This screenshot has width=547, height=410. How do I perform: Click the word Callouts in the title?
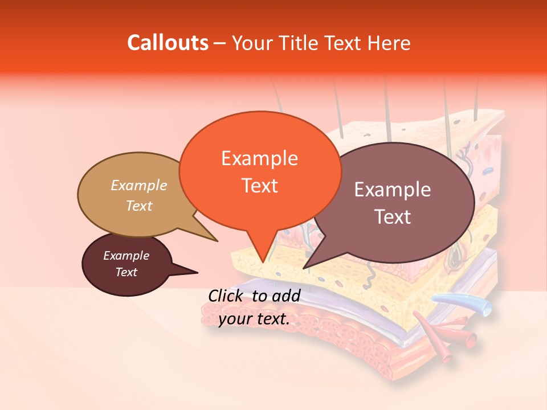168,43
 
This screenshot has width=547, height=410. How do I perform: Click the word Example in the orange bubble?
259,158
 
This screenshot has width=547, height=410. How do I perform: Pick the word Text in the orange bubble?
259,186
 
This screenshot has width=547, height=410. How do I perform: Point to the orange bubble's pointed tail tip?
262,261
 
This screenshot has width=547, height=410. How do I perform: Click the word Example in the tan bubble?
139,185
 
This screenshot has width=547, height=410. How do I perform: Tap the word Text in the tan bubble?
139,206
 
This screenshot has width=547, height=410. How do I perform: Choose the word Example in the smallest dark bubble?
126,256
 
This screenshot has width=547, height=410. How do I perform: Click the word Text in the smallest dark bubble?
126,272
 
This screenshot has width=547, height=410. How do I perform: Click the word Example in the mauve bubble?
393,190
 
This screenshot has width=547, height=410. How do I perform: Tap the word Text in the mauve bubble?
393,217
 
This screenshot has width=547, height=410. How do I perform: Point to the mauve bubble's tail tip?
304,268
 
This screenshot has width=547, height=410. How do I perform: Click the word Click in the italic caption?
227,296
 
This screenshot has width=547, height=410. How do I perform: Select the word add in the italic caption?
286,296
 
